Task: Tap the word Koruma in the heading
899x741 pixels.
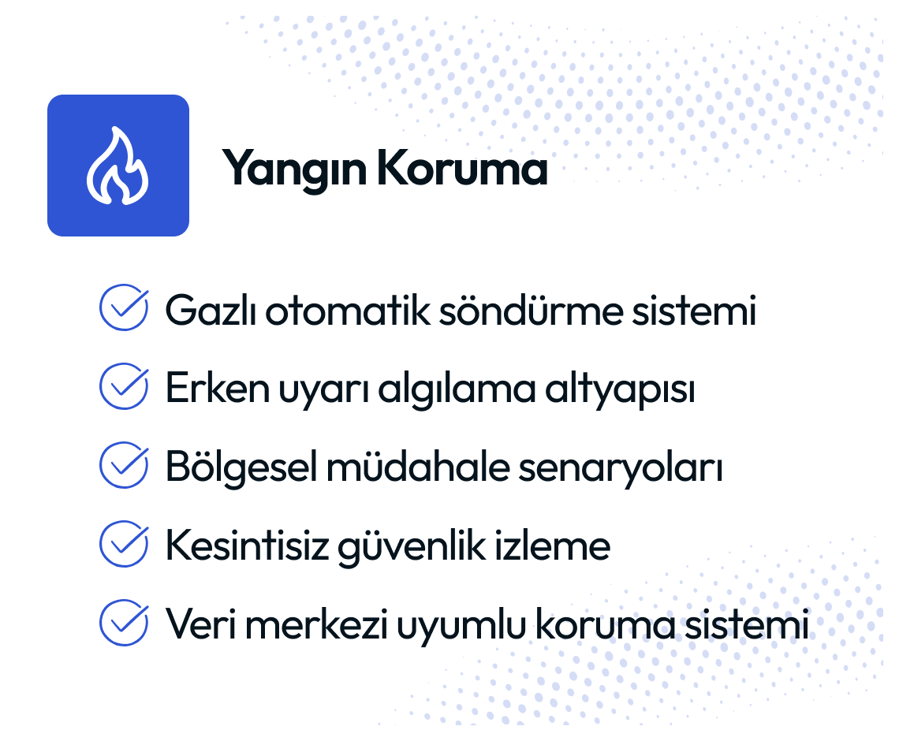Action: pos(463,167)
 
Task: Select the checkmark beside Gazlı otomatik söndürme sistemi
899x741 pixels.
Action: pos(124,307)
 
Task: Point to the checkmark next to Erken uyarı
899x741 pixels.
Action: pos(124,385)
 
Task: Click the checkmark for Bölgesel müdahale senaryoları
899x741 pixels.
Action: pos(124,465)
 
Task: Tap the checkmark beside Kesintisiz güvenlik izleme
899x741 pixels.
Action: pos(124,544)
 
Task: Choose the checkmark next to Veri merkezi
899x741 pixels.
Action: pos(124,623)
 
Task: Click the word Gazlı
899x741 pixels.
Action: pos(211,310)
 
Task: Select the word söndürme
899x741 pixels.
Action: pos(531,310)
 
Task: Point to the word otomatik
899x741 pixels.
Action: pos(348,310)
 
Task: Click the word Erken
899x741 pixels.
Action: pos(218,388)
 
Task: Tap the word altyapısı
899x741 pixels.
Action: pos(620,390)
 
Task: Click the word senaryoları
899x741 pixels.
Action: pos(621,469)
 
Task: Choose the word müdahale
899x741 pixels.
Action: pos(418,467)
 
